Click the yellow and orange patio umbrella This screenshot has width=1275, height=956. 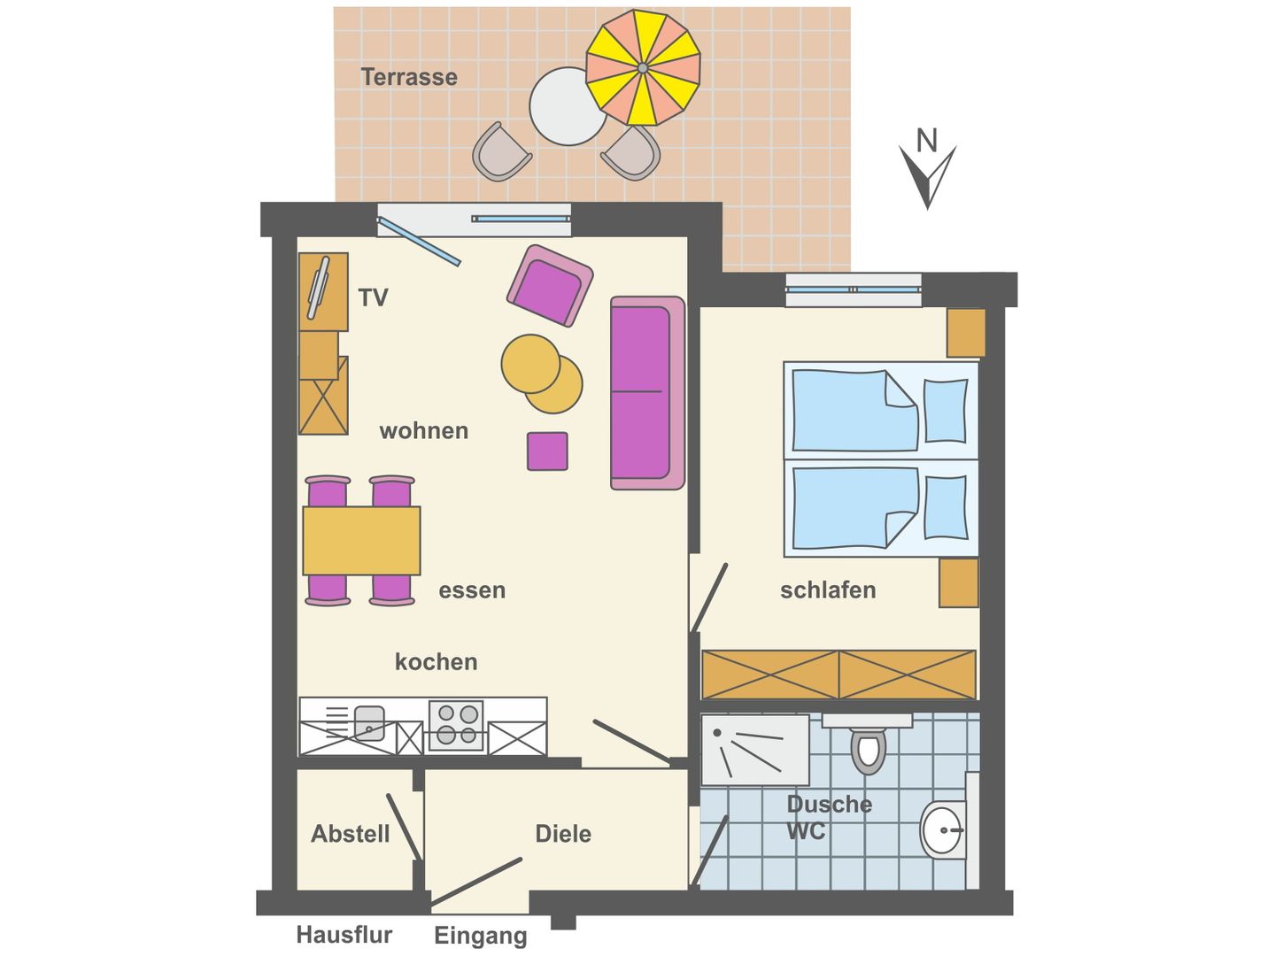pyautogui.click(x=643, y=67)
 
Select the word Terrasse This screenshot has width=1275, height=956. pyautogui.click(x=409, y=77)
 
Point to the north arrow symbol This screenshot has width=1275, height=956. pyautogui.click(x=927, y=172)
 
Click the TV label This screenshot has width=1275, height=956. pyautogui.click(x=373, y=297)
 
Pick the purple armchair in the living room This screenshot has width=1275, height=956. pyautogui.click(x=550, y=286)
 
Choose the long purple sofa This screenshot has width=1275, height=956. pyautogui.click(x=646, y=393)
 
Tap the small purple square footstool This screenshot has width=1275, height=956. pyautogui.click(x=547, y=451)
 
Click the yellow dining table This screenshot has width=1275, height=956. pyautogui.click(x=361, y=540)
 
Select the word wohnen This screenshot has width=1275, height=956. pyautogui.click(x=423, y=431)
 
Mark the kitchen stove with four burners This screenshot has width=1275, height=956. pyautogui.click(x=457, y=725)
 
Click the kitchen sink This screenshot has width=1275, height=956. pyautogui.click(x=368, y=722)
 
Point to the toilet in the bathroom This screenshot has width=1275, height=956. pyautogui.click(x=869, y=749)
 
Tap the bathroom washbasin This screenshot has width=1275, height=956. pyautogui.click(x=941, y=829)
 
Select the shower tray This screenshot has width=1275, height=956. pyautogui.click(x=754, y=750)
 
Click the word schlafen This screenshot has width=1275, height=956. pyautogui.click(x=828, y=590)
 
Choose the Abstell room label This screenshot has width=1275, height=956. pyautogui.click(x=350, y=834)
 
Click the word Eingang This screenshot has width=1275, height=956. pyautogui.click(x=480, y=936)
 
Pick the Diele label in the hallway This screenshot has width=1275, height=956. pyautogui.click(x=563, y=834)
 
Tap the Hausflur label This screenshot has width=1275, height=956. pyautogui.click(x=344, y=935)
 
